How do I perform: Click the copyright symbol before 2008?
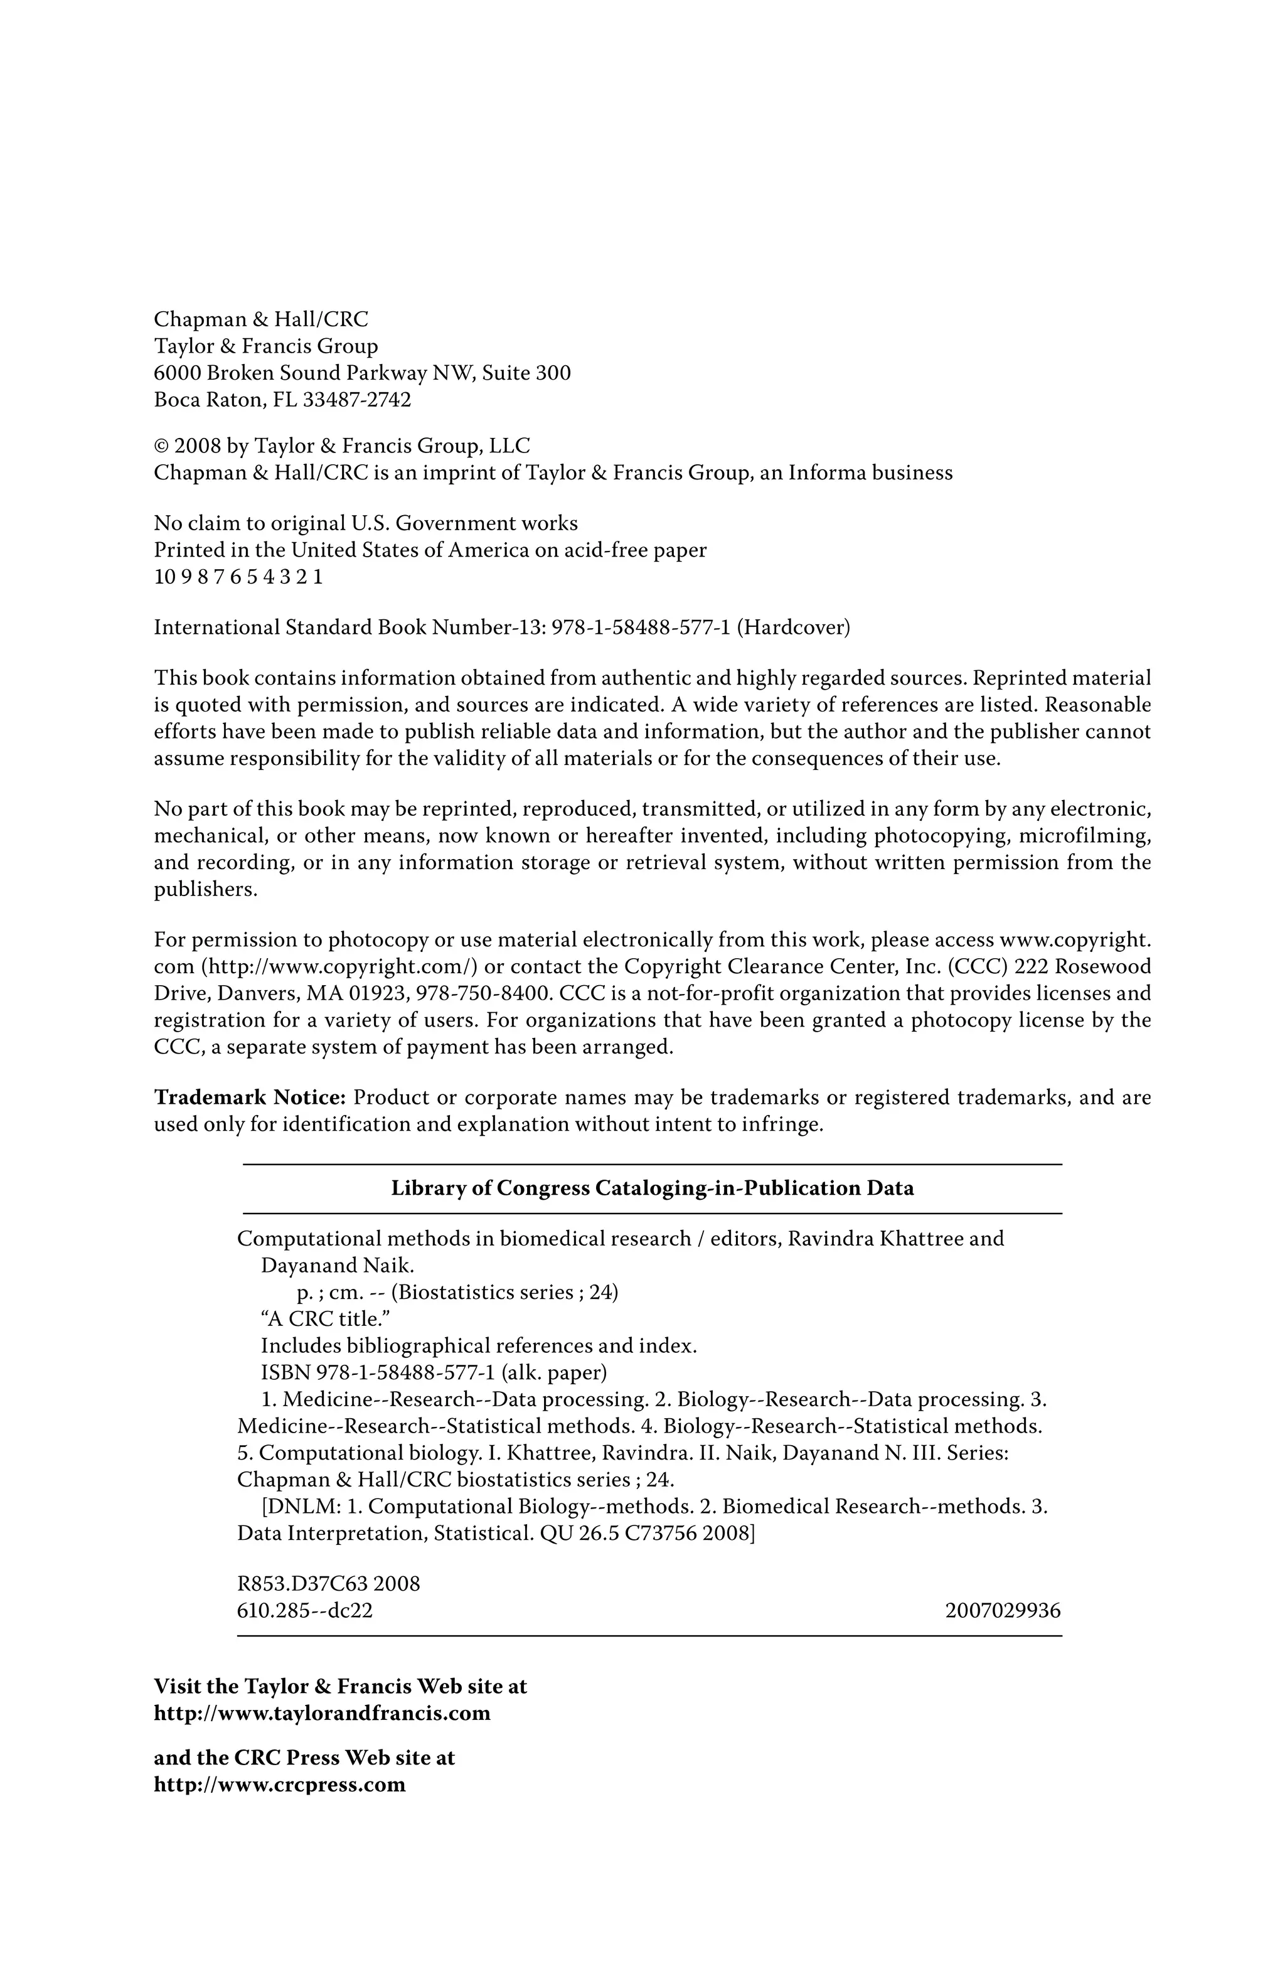pos(161,446)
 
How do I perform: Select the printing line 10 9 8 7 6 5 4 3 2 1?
pos(238,577)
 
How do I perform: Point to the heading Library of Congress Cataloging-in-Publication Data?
pos(652,1188)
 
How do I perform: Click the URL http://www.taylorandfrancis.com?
pos(322,1714)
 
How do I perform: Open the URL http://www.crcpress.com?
pos(280,1785)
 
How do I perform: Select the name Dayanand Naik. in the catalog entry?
pos(337,1266)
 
